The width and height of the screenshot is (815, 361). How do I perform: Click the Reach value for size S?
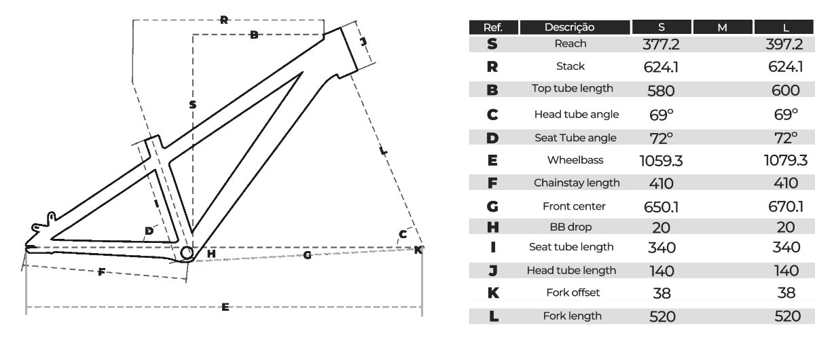tap(661, 45)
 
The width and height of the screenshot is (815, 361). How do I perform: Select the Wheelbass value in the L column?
tap(785, 161)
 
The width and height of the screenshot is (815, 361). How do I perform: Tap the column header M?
tap(722, 27)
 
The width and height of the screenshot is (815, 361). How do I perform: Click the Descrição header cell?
tap(569, 27)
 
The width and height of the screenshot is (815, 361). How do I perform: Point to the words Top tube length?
tap(573, 88)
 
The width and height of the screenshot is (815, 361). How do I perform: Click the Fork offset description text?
tap(573, 293)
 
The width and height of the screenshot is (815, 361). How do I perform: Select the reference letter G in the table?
tap(493, 206)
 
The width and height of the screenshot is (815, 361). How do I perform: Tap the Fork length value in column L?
tap(786, 316)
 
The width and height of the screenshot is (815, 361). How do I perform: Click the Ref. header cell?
tap(493, 27)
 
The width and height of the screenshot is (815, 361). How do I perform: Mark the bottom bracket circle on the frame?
tap(187, 253)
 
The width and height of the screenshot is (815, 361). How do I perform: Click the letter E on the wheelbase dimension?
tap(225, 307)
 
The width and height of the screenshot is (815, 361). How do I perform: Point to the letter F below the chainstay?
tap(101, 273)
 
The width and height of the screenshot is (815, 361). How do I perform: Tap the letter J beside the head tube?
tap(363, 42)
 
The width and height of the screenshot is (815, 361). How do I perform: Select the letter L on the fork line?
tap(384, 151)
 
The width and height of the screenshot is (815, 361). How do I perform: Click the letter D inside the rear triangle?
tap(149, 231)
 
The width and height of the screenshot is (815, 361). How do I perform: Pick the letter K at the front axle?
tap(418, 250)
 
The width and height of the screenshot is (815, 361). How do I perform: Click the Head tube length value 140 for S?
tap(661, 271)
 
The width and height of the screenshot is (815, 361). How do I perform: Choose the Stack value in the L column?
tap(786, 67)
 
